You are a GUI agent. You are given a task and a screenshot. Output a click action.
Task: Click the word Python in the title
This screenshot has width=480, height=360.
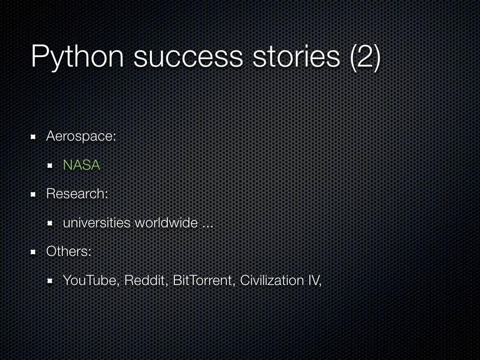point(77,56)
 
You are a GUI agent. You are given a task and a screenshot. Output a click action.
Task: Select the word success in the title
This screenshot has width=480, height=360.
point(188,56)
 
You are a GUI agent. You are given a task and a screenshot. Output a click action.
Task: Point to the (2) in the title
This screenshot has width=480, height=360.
point(365,56)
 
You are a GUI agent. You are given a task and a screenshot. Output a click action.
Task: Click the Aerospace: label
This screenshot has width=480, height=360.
point(81,136)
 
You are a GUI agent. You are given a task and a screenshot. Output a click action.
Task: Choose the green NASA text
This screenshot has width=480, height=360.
point(82,165)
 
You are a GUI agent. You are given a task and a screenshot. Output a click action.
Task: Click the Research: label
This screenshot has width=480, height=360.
point(77,194)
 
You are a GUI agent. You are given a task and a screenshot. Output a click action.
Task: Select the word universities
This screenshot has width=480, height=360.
point(97,223)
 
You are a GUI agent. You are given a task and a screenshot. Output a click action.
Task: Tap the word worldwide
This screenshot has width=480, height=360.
point(166,223)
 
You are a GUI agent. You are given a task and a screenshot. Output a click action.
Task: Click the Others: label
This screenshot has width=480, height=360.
point(68,251)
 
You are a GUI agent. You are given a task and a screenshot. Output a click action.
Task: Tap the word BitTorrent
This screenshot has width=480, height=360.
point(203,280)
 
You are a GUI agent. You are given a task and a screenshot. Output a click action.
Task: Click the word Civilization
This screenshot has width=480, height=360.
point(272,280)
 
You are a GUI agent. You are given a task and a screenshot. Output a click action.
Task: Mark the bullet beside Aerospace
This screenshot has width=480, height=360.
point(34,137)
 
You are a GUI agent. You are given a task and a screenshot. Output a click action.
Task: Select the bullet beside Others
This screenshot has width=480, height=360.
point(34,252)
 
